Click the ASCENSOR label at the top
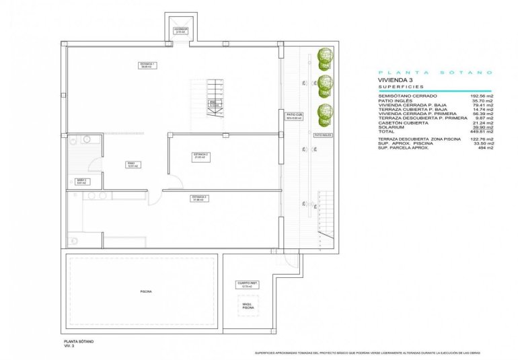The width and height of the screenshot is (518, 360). [180, 30]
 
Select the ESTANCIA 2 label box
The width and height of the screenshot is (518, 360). [201, 155]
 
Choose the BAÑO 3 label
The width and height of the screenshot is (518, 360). [80, 180]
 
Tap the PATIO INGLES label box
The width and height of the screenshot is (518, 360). [323, 135]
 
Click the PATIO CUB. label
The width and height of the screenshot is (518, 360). [293, 116]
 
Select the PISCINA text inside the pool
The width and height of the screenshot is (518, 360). [146, 291]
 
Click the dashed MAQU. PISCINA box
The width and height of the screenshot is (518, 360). [248, 306]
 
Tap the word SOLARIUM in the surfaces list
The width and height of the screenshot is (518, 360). [390, 127]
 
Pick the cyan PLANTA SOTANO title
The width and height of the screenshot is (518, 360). [435, 72]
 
